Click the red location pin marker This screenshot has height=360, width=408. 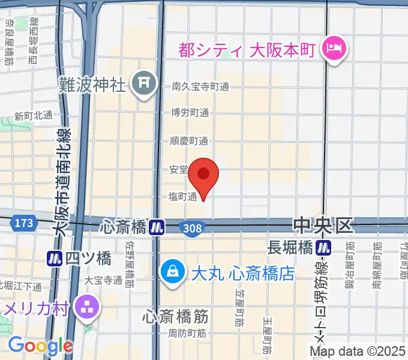click(203, 175)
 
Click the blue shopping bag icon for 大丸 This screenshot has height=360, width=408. click(173, 272)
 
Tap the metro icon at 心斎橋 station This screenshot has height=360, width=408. click(158, 227)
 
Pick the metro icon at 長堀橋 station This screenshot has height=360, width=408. click(325, 246)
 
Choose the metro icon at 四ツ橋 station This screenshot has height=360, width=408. click(56, 259)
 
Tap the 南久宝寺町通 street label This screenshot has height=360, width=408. click(200, 86)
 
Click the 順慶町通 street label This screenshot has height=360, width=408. click(190, 142)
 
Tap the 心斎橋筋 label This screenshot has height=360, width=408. click(175, 315)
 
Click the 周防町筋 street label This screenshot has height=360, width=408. click(187, 333)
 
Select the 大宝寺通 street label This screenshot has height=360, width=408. click(103, 280)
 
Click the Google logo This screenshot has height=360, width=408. click(40, 346)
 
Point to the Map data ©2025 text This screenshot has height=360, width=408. click(358, 351)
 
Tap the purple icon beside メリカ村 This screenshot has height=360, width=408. click(88, 308)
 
